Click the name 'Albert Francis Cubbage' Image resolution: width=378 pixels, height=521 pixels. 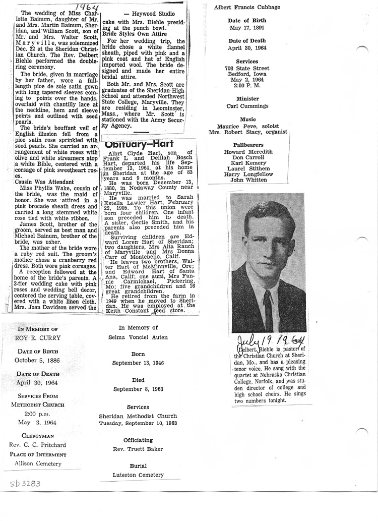246,7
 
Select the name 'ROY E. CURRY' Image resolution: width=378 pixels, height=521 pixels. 35,339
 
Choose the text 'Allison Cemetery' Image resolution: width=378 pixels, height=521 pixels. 35,464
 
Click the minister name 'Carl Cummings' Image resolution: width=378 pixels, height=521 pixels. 247,106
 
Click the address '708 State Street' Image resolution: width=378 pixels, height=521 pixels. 247,68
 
